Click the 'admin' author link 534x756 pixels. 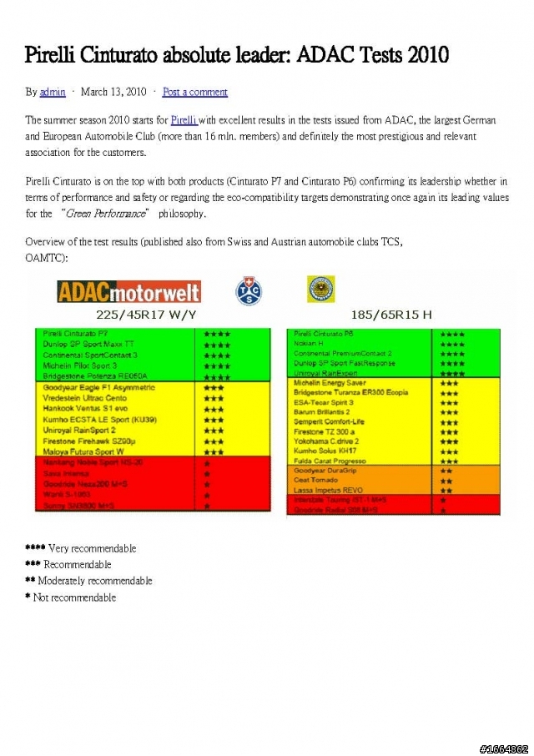[53, 92]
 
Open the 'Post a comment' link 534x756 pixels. [194, 92]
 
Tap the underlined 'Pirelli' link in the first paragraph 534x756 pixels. [184, 120]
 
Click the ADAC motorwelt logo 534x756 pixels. [128, 290]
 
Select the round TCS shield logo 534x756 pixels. [247, 290]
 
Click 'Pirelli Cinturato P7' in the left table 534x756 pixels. [75, 334]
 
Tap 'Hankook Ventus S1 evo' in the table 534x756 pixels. [84, 409]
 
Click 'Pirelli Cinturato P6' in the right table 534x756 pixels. [324, 334]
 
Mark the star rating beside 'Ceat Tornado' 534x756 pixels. [446, 481]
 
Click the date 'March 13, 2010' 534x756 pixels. [113, 92]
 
